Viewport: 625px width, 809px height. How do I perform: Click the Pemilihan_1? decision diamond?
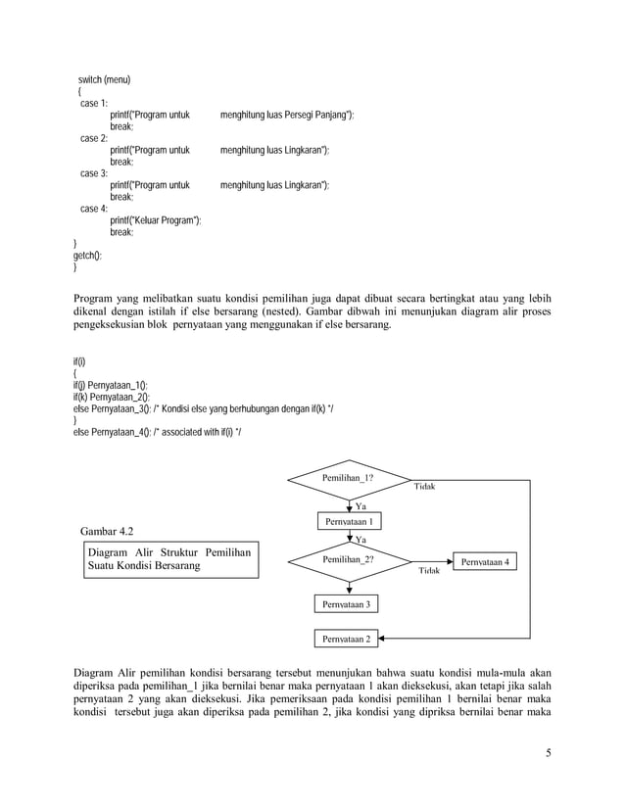point(349,480)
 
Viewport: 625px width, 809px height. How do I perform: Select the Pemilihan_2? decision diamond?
point(349,560)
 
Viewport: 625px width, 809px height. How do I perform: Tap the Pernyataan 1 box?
point(349,521)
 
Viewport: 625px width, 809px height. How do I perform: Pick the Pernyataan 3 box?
point(348,605)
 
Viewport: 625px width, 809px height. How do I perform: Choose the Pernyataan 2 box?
point(348,640)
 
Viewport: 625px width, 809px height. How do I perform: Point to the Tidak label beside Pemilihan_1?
point(424,487)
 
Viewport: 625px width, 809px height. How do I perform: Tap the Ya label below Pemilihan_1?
point(361,505)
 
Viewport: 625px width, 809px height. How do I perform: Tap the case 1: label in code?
point(94,103)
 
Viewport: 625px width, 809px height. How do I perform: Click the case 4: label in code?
point(94,209)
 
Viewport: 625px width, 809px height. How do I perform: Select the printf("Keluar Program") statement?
point(156,220)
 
